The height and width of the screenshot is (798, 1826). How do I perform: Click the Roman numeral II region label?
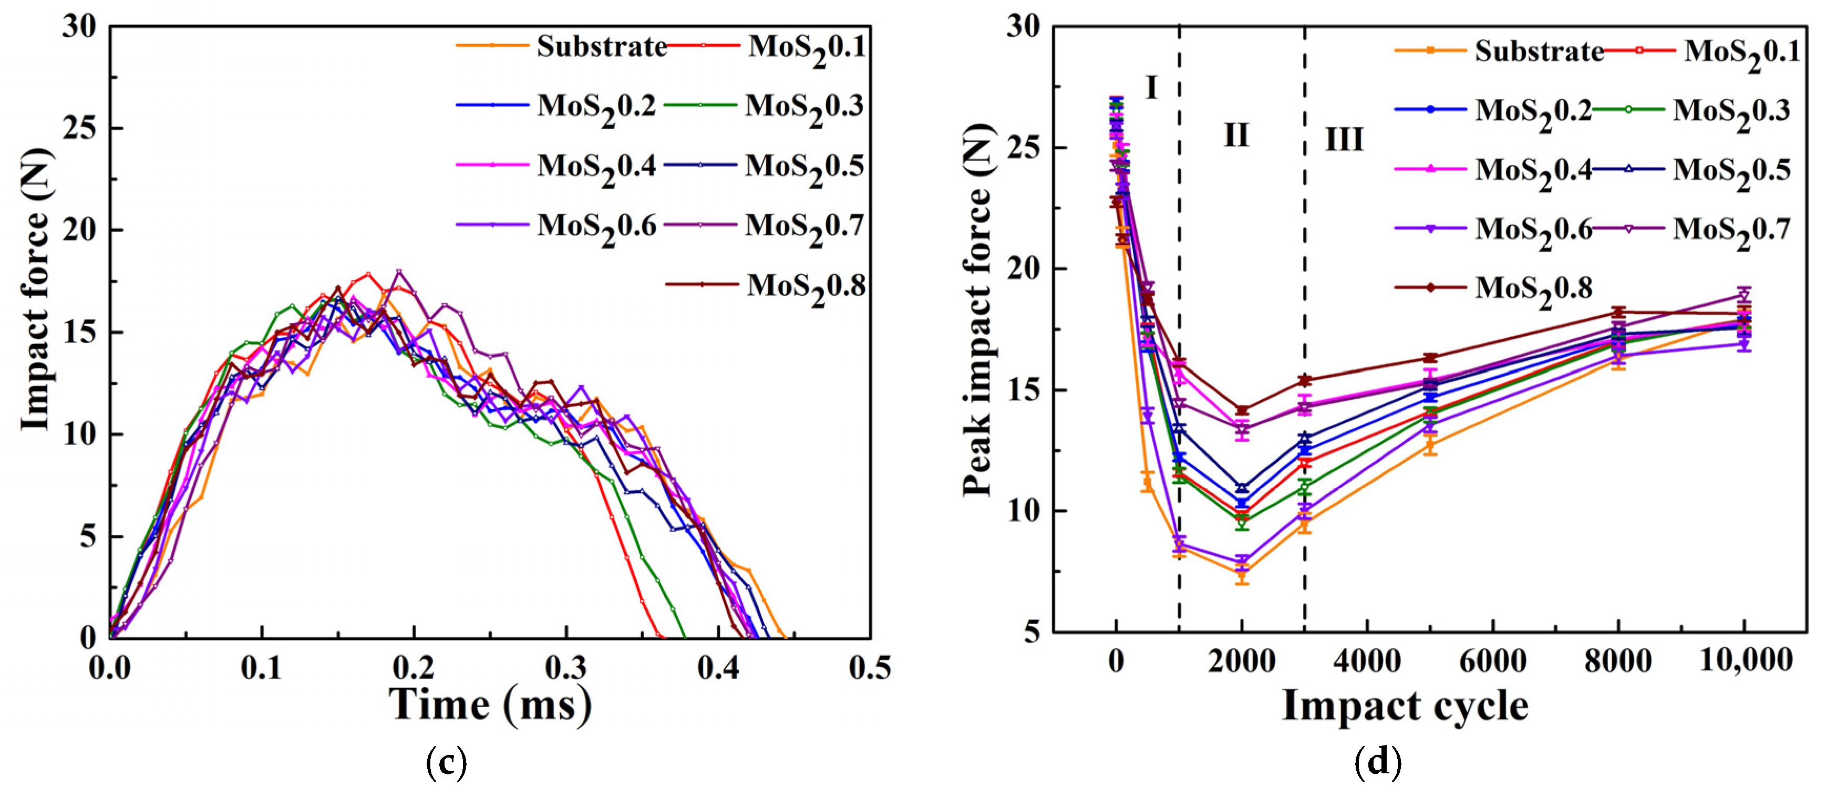pyautogui.click(x=1236, y=134)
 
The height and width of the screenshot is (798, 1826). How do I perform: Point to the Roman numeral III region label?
pyautogui.click(x=1344, y=140)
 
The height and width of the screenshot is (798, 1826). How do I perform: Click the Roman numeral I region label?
pyautogui.click(x=1151, y=88)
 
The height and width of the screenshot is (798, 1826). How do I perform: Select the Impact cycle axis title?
pyautogui.click(x=1405, y=707)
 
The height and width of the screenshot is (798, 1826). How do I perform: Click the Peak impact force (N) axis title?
pyautogui.click(x=979, y=310)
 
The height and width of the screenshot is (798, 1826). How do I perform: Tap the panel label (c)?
pyautogui.click(x=447, y=763)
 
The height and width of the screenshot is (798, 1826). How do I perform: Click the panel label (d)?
pyautogui.click(x=1377, y=763)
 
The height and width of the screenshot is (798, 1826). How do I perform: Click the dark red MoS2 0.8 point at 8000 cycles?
pyautogui.click(x=1618, y=312)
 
